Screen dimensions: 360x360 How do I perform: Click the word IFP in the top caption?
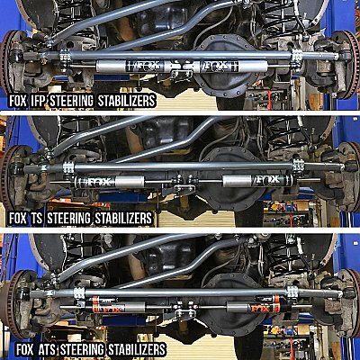pos(38,101)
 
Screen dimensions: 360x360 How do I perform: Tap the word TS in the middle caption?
pos(37,218)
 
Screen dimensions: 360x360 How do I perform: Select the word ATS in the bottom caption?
pos(48,350)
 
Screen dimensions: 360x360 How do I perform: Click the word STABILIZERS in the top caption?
pos(127,101)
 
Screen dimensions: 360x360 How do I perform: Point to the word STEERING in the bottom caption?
pos(82,350)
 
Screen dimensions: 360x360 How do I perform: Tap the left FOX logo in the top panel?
pos(145,66)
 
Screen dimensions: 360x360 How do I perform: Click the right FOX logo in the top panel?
pos(220,66)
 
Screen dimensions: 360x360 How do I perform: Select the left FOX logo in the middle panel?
pos(98,182)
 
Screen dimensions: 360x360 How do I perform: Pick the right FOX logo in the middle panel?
pos(267,180)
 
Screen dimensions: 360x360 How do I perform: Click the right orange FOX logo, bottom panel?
pos(260,309)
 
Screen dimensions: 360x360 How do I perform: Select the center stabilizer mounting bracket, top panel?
pos(181,74)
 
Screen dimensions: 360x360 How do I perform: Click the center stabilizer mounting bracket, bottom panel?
pos(184,312)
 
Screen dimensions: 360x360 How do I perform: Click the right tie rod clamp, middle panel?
pos(298,166)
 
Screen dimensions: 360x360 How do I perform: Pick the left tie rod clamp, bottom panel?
pos(79,292)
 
